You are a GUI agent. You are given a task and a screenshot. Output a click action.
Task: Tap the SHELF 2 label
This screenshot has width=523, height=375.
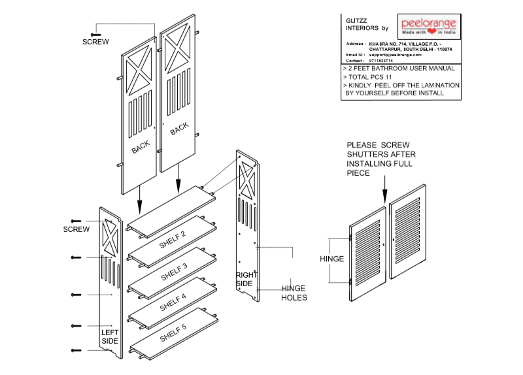tap(173, 240)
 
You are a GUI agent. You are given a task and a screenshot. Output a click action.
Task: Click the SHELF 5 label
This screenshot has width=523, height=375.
tap(173, 333)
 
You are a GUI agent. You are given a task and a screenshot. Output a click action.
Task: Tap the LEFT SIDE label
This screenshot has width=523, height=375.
tap(110, 336)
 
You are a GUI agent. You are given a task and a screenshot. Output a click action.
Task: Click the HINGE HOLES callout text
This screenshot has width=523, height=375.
tap(294, 293)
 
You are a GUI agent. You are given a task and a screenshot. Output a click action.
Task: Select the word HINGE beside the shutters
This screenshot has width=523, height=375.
tap(332, 259)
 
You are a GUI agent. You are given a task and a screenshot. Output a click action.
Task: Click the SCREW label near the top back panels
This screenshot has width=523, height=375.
tap(95, 42)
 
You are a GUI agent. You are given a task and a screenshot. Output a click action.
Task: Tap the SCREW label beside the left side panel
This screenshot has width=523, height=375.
tap(76, 229)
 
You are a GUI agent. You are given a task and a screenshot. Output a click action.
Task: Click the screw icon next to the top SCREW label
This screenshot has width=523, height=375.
tap(95, 33)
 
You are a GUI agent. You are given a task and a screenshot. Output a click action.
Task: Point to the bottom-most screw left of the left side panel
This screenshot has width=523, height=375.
tap(76, 351)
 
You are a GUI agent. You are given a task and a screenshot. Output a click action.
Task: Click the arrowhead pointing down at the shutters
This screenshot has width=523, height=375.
tap(384, 194)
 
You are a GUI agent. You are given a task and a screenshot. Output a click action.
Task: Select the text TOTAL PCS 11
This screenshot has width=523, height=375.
tap(369, 76)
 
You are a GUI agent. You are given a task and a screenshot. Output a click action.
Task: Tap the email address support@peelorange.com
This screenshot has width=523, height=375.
tap(396, 54)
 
